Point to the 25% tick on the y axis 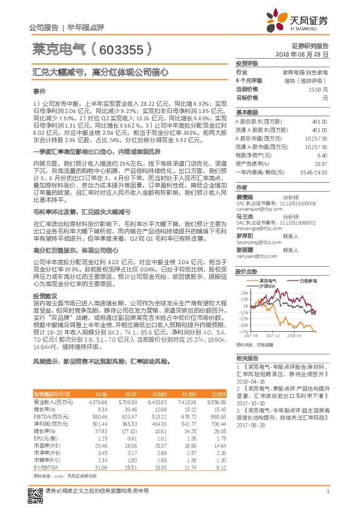pyautogui.click(x=244, y=293)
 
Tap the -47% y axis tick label pyautogui.click(x=243, y=331)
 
